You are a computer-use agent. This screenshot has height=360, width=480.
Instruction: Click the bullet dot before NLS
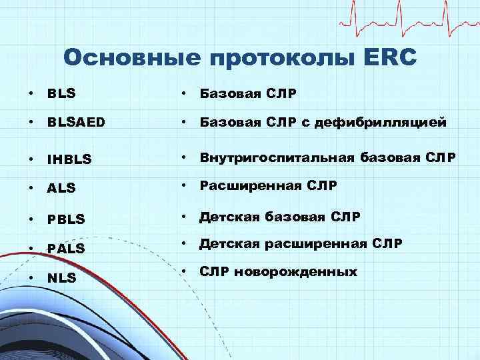pyautogui.click(x=33, y=277)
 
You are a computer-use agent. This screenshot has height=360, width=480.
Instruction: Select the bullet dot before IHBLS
pyautogui.click(x=33, y=159)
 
